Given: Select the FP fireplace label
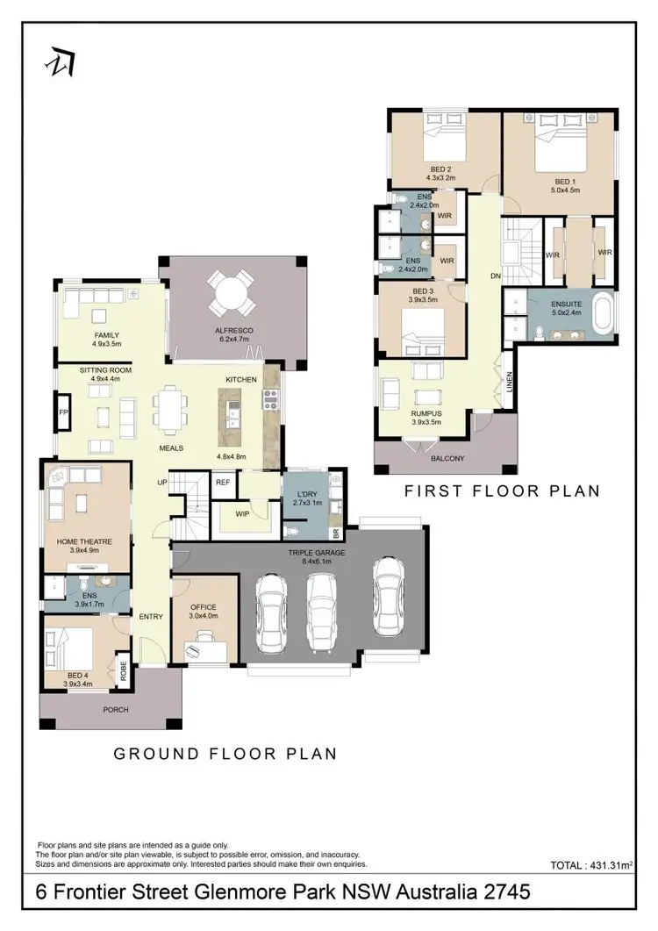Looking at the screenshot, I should (63, 412).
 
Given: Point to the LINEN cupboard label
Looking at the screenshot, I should (508, 383).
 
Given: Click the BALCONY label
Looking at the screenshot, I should (448, 458).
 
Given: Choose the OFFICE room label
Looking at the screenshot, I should (204, 607).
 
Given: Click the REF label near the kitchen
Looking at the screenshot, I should (223, 482).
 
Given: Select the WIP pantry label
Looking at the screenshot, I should (243, 513).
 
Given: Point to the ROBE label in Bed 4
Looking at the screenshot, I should (123, 671).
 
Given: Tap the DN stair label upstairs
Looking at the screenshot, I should (496, 276).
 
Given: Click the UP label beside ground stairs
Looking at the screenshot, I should (162, 483).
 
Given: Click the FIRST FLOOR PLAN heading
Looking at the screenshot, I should (502, 491).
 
